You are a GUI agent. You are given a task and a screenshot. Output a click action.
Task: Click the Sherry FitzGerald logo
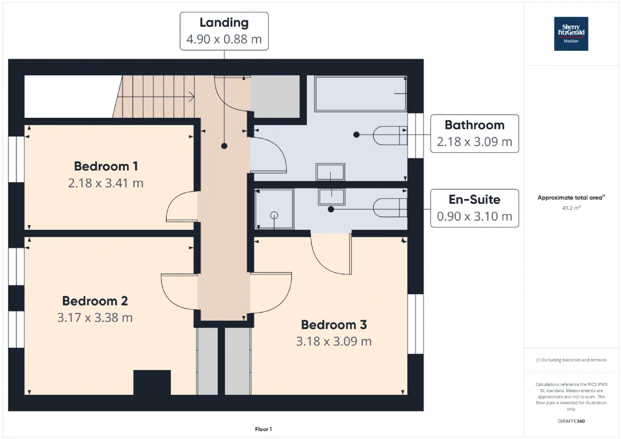pos(571,34)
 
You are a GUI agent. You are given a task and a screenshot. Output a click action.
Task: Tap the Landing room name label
pos(224,23)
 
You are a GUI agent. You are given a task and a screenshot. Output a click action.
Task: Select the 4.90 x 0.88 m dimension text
pos(224,39)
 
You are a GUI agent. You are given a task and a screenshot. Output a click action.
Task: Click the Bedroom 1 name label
pos(106,166)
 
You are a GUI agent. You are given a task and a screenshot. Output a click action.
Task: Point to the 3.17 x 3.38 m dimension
pos(95,318)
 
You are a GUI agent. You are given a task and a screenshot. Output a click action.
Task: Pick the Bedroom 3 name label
pos(334,325)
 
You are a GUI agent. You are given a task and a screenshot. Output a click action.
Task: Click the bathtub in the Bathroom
pos(360,94)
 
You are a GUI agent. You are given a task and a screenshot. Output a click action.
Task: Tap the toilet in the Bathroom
pos(390,135)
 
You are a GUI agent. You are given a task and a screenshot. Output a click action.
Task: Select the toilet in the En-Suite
pos(390,208)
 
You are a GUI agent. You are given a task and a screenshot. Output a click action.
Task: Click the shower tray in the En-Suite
pos(274,209)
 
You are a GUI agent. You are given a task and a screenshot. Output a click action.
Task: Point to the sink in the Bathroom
pos(330,172)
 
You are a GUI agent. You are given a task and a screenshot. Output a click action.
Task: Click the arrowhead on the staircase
pos(192,97)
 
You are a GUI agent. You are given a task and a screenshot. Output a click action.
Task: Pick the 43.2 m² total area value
pos(571,208)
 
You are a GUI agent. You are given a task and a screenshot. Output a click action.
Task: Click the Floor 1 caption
pos(263,429)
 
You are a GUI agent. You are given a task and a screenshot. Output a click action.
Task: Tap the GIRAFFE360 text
pos(571,421)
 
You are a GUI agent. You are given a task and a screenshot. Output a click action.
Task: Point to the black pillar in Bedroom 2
pos(152,382)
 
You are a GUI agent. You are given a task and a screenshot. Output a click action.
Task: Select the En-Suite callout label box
pos(474,209)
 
